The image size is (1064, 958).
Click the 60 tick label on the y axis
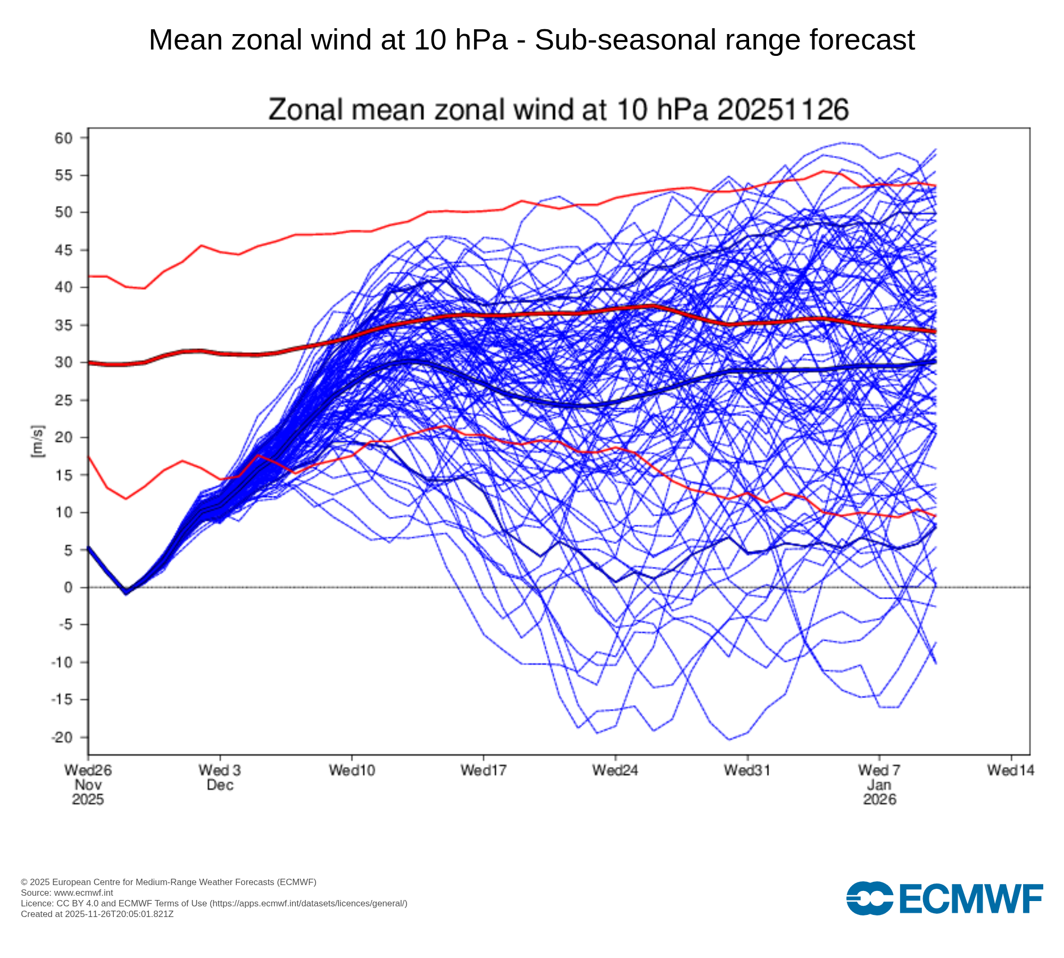pos(63,138)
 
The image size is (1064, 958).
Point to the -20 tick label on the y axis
pos(61,738)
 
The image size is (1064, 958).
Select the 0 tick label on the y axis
pos(68,588)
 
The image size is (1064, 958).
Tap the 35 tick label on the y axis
pos(63,325)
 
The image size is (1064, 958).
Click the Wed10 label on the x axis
pos(352,770)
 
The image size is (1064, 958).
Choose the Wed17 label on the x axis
pos(483,770)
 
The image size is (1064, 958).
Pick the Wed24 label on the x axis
pos(615,770)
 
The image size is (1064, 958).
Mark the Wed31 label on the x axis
pos(747,770)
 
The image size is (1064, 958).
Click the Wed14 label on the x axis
pos(1010,770)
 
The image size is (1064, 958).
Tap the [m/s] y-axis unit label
pos(38,441)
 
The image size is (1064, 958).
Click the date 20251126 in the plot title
pos(783,110)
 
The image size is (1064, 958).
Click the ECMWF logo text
pos(971,899)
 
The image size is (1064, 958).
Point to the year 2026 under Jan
pos(879,799)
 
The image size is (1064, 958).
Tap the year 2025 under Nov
pos(88,799)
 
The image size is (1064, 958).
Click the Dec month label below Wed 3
pos(220,785)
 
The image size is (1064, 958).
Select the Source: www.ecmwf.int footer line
pos(66,893)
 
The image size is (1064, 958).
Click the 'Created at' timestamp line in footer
pos(97,914)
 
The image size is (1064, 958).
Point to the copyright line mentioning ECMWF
pos(168,882)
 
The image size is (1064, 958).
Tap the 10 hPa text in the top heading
pos(461,40)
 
